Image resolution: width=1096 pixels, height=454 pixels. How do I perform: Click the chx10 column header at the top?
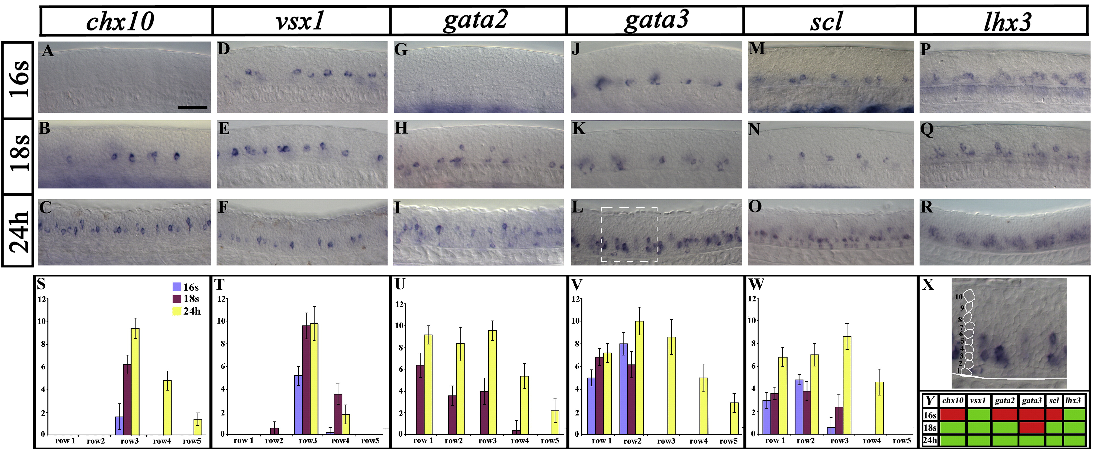(120, 21)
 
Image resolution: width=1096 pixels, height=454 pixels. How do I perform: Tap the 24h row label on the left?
(18, 231)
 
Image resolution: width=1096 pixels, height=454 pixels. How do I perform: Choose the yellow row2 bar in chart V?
(639, 377)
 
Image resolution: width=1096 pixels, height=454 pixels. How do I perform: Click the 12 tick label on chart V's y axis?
(576, 299)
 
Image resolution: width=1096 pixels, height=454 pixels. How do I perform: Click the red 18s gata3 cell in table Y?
(1031, 427)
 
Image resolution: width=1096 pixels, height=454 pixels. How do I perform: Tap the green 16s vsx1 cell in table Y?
(978, 414)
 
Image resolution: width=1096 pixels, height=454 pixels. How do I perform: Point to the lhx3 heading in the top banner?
(1007, 21)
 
